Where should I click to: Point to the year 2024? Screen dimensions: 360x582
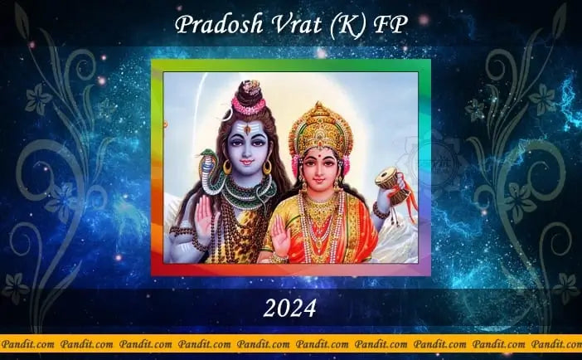[x=290, y=309]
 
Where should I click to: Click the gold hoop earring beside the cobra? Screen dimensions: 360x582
[x=227, y=168]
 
